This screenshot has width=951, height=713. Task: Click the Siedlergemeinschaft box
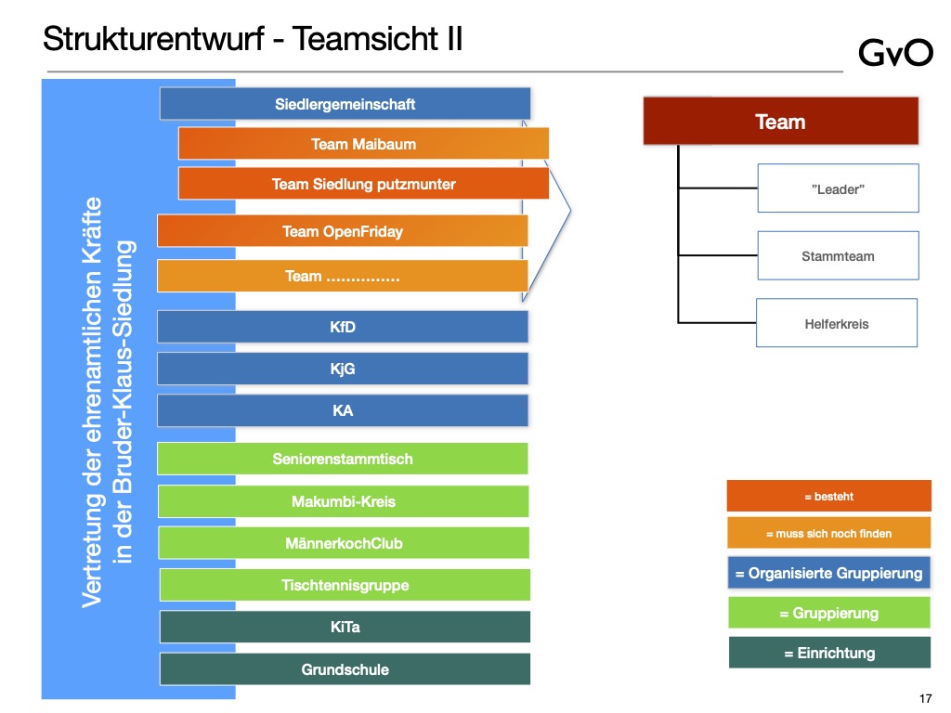345,104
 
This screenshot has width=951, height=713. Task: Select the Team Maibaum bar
363,144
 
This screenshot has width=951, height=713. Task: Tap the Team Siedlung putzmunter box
363,184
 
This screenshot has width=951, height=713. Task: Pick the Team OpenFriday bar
343,231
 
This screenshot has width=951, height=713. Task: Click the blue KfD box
343,327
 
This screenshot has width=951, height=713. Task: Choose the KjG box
343,369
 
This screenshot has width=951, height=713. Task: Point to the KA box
343,410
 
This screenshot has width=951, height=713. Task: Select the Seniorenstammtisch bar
343,459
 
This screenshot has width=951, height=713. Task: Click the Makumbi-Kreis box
343,501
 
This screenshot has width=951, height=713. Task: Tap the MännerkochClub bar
344,543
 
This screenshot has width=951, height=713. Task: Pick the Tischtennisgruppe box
345,585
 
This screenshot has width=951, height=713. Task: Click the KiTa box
345,627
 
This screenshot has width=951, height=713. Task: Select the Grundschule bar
345,669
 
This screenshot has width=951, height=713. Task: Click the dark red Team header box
780,122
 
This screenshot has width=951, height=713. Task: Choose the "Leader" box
838,188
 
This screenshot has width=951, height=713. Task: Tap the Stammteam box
838,255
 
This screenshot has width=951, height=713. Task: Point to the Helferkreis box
837,323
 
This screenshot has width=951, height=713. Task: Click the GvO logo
895,53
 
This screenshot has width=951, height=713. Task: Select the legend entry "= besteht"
828,497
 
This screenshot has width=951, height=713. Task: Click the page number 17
924,698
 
